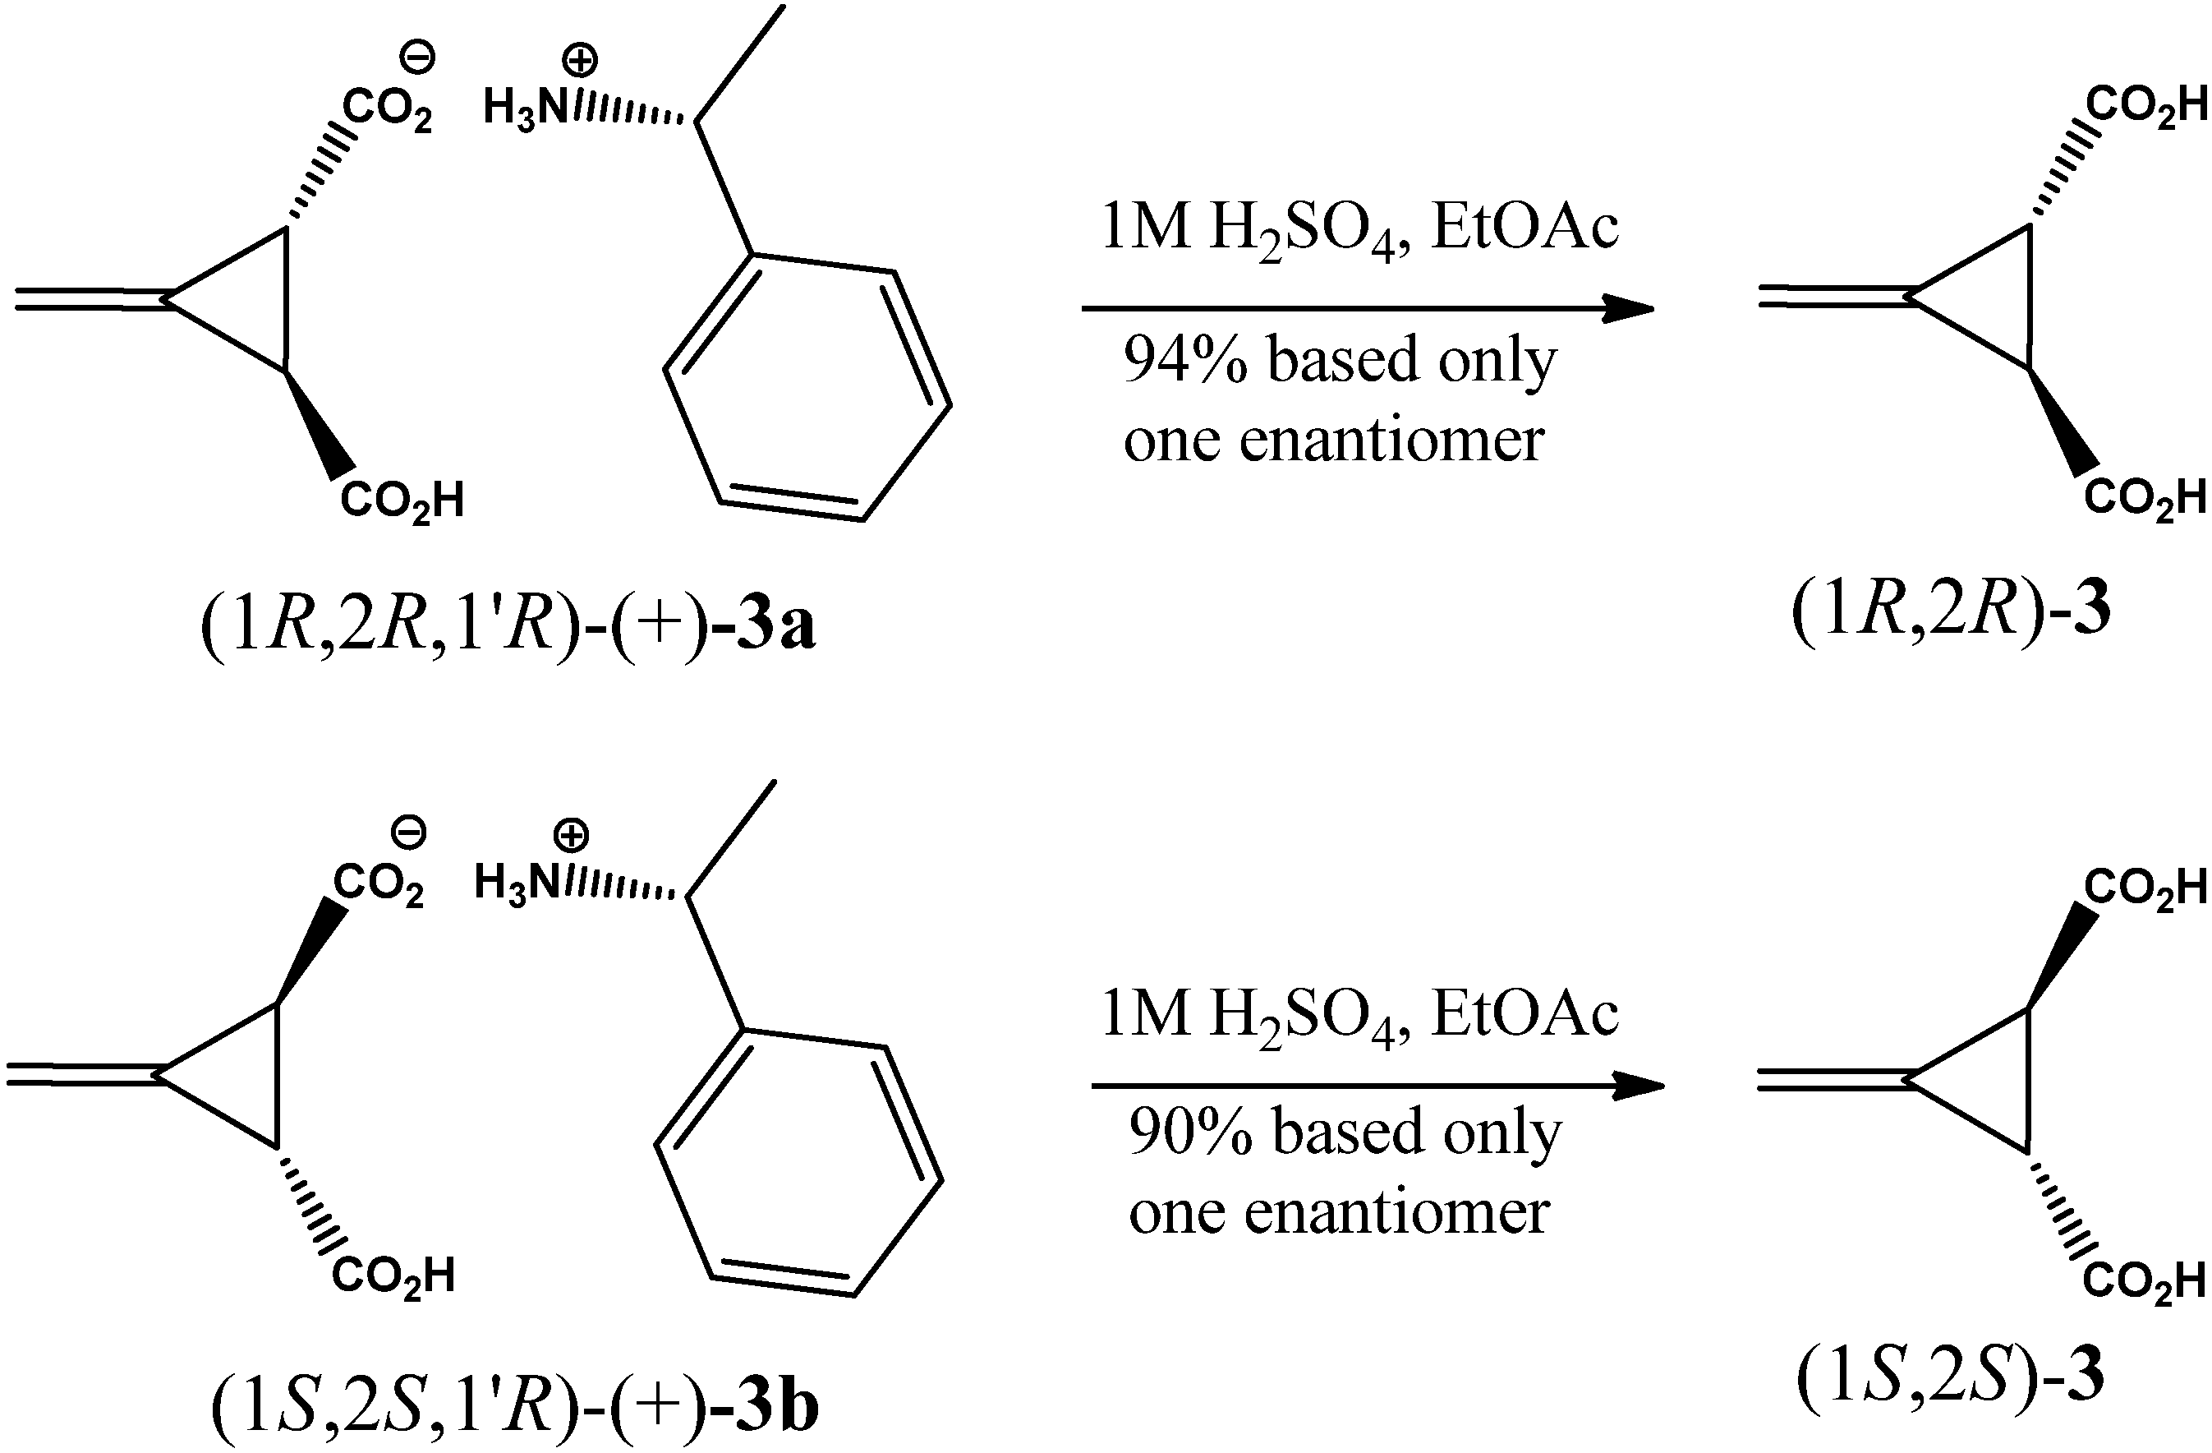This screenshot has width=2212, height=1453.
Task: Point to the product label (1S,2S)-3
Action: pyautogui.click(x=1950, y=1377)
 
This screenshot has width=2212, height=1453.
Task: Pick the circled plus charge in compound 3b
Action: pyautogui.click(x=571, y=834)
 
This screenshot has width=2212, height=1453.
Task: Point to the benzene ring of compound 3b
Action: pyautogui.click(x=798, y=1163)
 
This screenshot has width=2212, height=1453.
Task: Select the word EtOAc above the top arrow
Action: pyautogui.click(x=1524, y=228)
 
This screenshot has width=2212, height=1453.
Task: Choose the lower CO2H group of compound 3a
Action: pyautogui.click(x=402, y=501)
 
